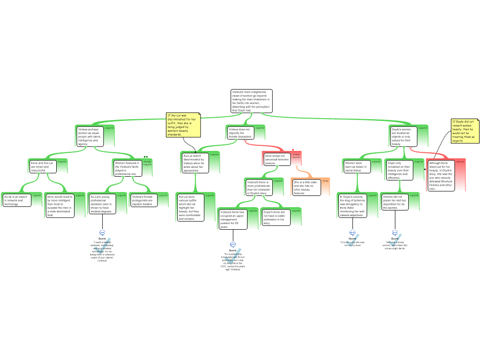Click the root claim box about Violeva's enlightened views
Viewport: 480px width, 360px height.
[251, 101]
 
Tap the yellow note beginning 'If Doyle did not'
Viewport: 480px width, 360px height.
[465, 131]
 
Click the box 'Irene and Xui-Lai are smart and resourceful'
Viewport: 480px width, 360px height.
[42, 166]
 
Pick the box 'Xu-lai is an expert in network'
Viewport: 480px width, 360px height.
[16, 200]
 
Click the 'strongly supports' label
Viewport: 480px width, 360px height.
[147, 164]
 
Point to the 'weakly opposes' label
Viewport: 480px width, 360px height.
[296, 156]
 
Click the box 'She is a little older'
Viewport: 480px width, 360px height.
[307, 187]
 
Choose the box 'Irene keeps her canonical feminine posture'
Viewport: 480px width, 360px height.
[277, 159]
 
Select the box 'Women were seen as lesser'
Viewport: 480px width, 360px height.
[357, 166]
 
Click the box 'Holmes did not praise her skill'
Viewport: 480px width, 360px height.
[394, 202]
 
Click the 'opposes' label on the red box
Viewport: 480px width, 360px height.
[460, 162]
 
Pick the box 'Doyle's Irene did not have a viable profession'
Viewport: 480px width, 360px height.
[276, 217]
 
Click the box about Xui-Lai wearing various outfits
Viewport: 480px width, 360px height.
[190, 208]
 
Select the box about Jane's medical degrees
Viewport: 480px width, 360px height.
[101, 204]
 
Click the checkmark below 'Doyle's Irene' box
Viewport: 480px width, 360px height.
[233, 255]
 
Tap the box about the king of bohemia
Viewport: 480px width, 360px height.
[352, 206]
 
